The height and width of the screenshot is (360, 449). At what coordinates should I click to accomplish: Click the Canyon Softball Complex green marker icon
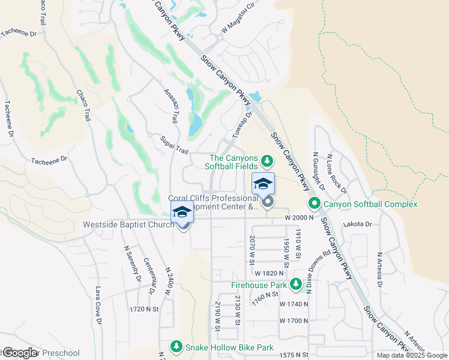316,205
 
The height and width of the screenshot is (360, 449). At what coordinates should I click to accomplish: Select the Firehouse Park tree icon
295,284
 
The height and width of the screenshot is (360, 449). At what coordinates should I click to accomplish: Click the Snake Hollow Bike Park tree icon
176,347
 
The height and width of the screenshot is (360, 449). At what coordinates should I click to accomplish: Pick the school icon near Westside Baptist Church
182,212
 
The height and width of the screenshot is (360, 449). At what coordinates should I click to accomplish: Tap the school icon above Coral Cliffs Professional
263,183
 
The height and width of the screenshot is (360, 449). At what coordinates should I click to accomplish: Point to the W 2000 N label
300,217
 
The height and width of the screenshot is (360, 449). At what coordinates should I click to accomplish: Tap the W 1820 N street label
268,273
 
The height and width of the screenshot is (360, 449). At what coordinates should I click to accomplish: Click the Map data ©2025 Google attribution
411,355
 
